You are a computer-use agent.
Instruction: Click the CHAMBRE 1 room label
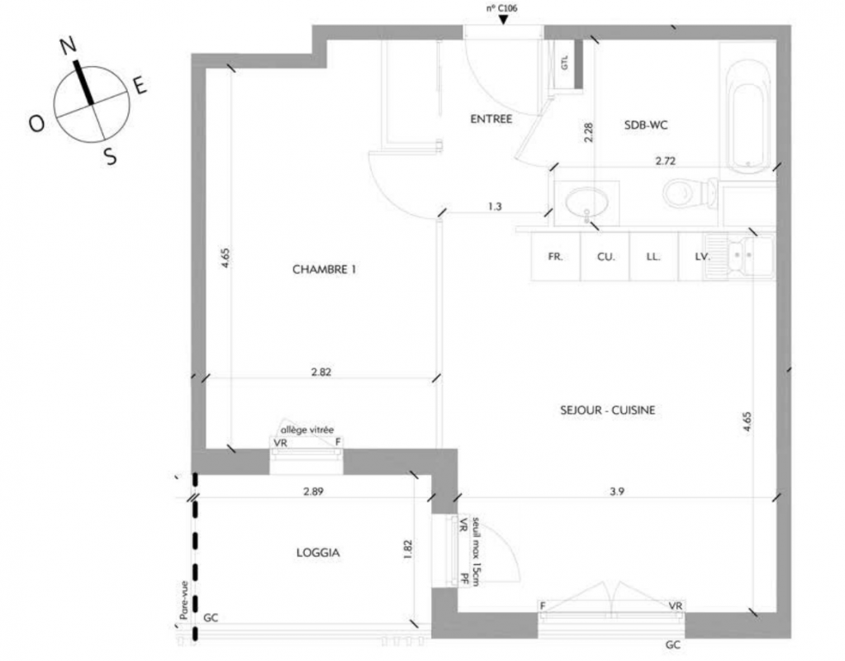(324, 269)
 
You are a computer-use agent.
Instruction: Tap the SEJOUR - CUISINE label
(607, 411)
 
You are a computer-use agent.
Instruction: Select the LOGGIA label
(318, 553)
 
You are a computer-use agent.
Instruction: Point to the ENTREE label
(491, 119)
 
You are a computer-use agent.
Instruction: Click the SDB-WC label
(646, 125)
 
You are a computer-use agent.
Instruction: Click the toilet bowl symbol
(691, 193)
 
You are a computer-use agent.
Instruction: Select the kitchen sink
(738, 258)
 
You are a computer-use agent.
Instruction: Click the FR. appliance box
(556, 257)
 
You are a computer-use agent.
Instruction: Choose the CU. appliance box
(605, 257)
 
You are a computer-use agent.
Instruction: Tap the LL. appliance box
(653, 257)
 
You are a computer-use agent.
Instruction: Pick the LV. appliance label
(701, 257)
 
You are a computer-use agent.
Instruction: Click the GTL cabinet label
(565, 63)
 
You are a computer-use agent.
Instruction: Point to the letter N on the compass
(68, 46)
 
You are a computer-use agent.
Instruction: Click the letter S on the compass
(110, 157)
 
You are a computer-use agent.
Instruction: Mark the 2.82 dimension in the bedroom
(321, 372)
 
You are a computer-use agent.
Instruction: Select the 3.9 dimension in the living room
(617, 491)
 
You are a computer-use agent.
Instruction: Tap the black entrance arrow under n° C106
(503, 20)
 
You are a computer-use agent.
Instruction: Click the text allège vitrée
(307, 430)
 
